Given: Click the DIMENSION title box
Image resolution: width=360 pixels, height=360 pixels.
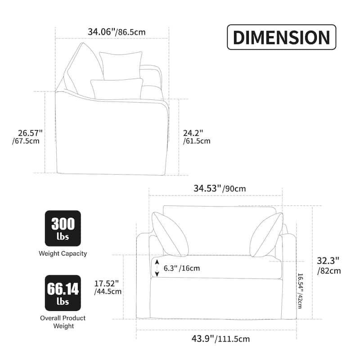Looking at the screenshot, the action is tap(282, 37).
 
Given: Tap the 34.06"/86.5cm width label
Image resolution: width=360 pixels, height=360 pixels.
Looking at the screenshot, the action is tap(117, 32).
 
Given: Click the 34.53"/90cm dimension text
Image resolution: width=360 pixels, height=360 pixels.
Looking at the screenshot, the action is tap(220, 189).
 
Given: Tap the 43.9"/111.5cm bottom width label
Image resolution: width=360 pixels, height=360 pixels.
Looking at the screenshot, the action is tap(220, 339).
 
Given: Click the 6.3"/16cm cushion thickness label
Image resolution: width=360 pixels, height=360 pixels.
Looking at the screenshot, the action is tap(182, 268).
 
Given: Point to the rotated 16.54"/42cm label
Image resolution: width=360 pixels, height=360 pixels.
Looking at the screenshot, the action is tap(300, 291).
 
